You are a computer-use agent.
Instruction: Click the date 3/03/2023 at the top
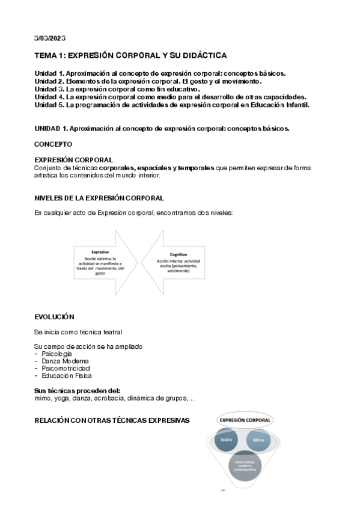[50, 38]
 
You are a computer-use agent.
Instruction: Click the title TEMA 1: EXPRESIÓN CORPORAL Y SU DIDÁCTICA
[130, 56]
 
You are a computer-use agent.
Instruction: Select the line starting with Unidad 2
[148, 81]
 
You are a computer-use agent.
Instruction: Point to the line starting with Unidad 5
[172, 105]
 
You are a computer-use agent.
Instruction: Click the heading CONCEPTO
[53, 144]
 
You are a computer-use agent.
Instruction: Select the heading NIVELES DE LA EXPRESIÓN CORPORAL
[99, 198]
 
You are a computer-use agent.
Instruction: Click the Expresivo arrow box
[100, 263]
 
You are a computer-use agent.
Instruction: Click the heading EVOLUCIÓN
[54, 316]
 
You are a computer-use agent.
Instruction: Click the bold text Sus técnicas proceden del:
[78, 391]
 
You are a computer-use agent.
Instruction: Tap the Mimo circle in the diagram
[258, 440]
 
